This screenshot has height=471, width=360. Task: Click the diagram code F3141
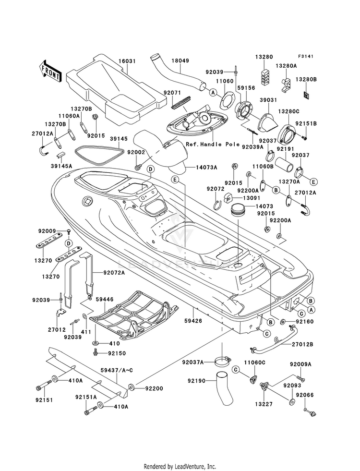click(x=305, y=57)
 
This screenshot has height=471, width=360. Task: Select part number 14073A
click(x=206, y=168)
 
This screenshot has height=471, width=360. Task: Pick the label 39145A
click(x=62, y=166)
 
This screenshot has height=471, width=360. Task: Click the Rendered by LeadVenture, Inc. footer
click(x=180, y=466)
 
